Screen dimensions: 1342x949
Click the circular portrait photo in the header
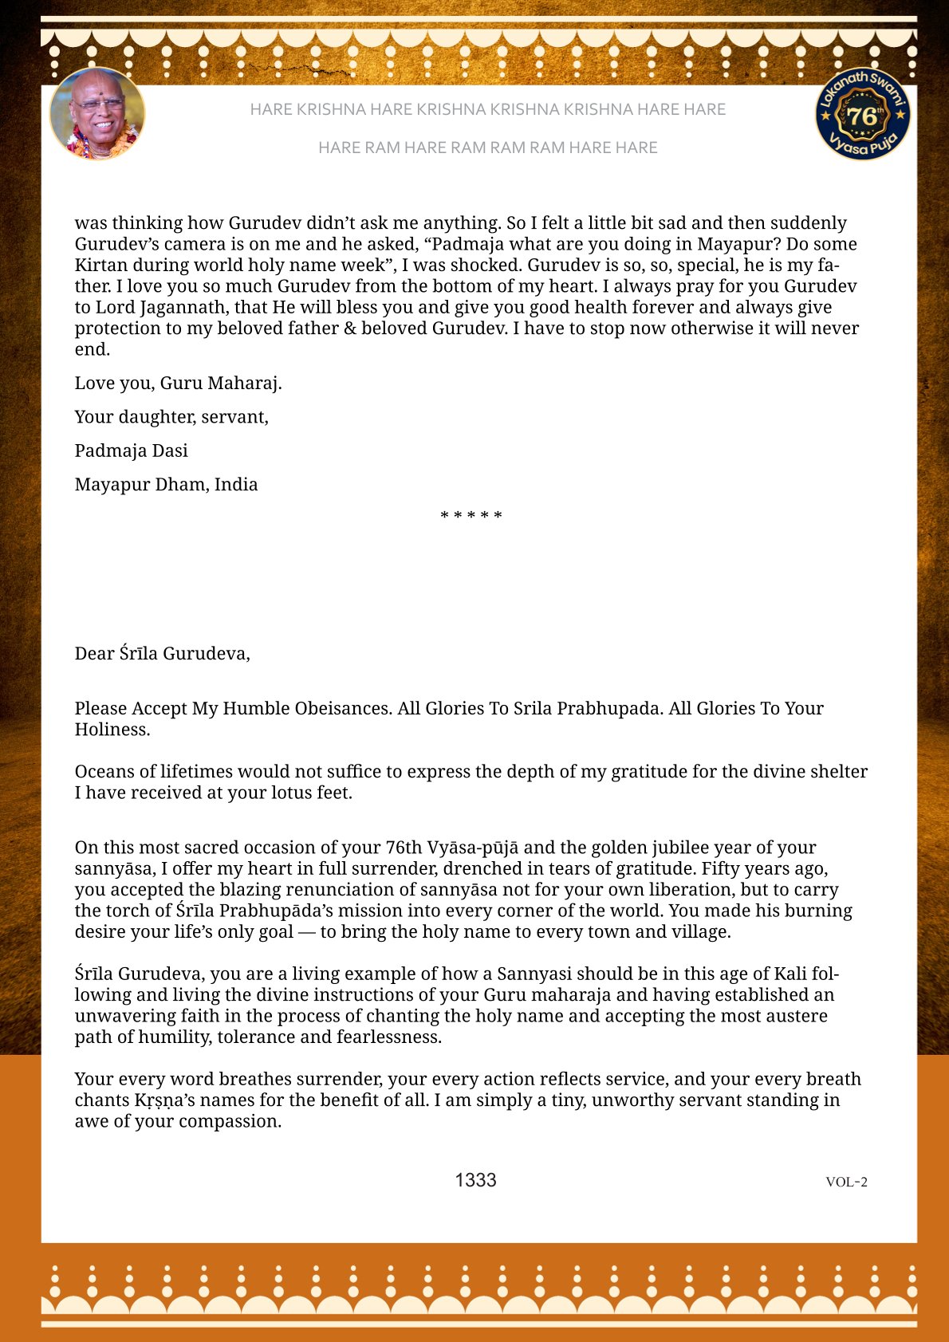97,113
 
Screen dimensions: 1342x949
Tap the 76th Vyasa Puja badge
863,114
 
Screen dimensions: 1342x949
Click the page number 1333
475,1180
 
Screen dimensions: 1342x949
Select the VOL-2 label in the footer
846,1182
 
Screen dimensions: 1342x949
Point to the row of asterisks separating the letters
471,516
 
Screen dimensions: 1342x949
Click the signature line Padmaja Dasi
132,451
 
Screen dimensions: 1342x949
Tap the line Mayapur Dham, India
166,485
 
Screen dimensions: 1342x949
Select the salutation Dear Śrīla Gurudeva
163,654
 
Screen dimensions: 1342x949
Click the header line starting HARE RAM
487,148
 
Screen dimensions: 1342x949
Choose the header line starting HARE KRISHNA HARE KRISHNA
487,109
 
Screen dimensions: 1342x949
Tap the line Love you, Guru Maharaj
178,384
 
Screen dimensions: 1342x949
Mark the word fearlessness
388,1037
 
